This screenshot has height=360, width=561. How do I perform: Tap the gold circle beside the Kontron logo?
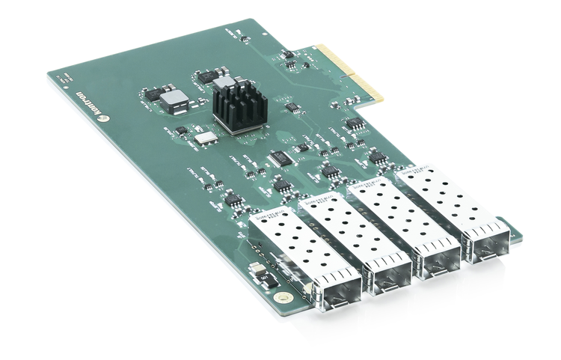pos(105,118)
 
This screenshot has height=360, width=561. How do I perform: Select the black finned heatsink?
pos(239,106)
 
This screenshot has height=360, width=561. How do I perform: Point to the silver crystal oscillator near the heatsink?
pos(205,137)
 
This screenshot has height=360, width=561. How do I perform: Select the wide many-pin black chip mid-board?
pos(281,159)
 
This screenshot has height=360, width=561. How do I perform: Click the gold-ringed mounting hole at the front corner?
pos(282,297)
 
